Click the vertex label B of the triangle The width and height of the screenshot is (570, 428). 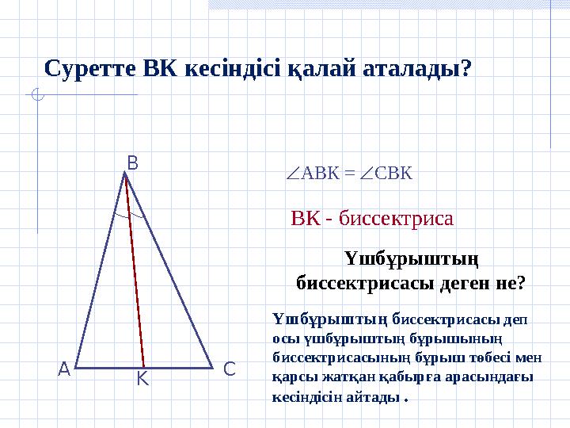pos(132,163)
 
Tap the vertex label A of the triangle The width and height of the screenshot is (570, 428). pos(63,369)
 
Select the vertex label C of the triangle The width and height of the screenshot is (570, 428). pos(229,369)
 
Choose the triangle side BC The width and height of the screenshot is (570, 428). pos(169,269)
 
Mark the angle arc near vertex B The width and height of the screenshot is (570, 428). pos(128,213)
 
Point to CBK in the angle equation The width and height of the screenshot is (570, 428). pos(394,173)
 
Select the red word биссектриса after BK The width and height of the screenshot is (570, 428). pos(396,219)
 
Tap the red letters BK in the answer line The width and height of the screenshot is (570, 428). pos(306,219)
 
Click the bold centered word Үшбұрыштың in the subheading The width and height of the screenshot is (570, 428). pos(412,259)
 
